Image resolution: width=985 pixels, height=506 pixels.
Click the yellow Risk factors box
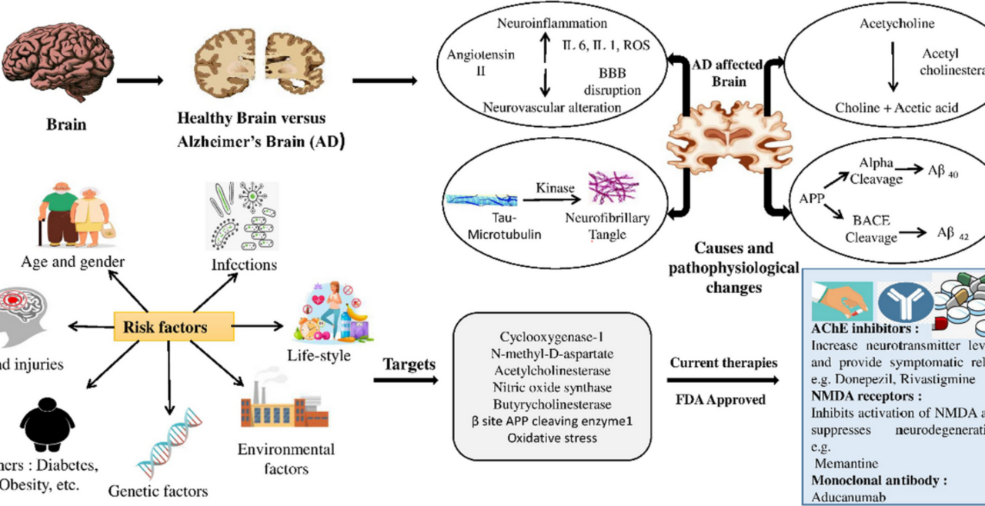tap(172, 327)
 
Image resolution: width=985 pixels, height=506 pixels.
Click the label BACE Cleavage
tap(872, 228)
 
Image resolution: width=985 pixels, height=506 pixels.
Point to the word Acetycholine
tap(897, 24)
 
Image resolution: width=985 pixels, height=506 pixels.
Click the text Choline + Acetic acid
tap(897, 108)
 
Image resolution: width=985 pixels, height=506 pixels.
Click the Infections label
tap(244, 265)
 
